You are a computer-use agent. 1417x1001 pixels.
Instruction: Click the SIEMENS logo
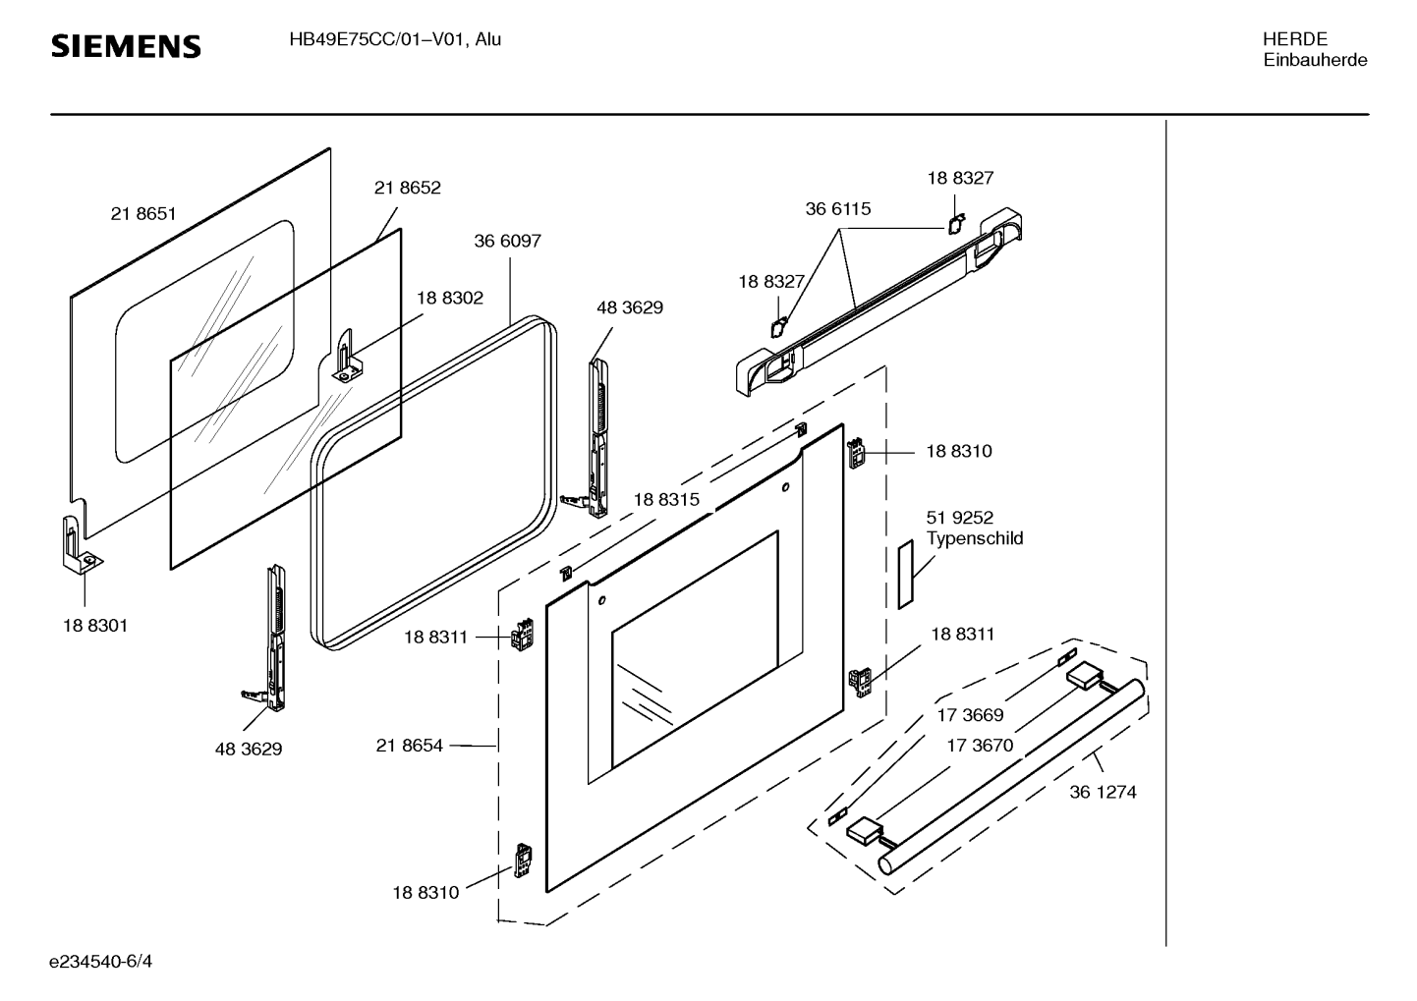[x=126, y=46]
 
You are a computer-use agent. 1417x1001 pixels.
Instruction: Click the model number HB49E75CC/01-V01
[x=378, y=40]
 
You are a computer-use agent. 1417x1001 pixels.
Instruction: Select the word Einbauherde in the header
[x=1315, y=60]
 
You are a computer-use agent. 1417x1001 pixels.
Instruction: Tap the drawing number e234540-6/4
[x=101, y=961]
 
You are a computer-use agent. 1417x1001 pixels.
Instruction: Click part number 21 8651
[x=143, y=213]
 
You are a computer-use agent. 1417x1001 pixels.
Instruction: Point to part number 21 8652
[x=407, y=188]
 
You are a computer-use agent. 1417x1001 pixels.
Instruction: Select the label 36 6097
[x=507, y=241]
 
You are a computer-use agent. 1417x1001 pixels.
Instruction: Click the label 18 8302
[x=449, y=298]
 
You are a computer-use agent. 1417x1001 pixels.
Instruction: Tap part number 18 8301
[x=95, y=625]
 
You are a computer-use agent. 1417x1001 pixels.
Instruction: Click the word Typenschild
[x=974, y=538]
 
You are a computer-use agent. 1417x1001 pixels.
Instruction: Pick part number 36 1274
[x=1103, y=792]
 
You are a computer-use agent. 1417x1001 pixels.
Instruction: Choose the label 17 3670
[x=979, y=746]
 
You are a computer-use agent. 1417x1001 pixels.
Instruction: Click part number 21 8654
[x=409, y=746]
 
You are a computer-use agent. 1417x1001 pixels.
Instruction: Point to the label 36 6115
[x=837, y=208]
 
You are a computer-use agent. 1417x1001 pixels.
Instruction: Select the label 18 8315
[x=666, y=499]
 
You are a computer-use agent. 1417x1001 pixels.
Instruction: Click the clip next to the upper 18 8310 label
[x=856, y=454]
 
